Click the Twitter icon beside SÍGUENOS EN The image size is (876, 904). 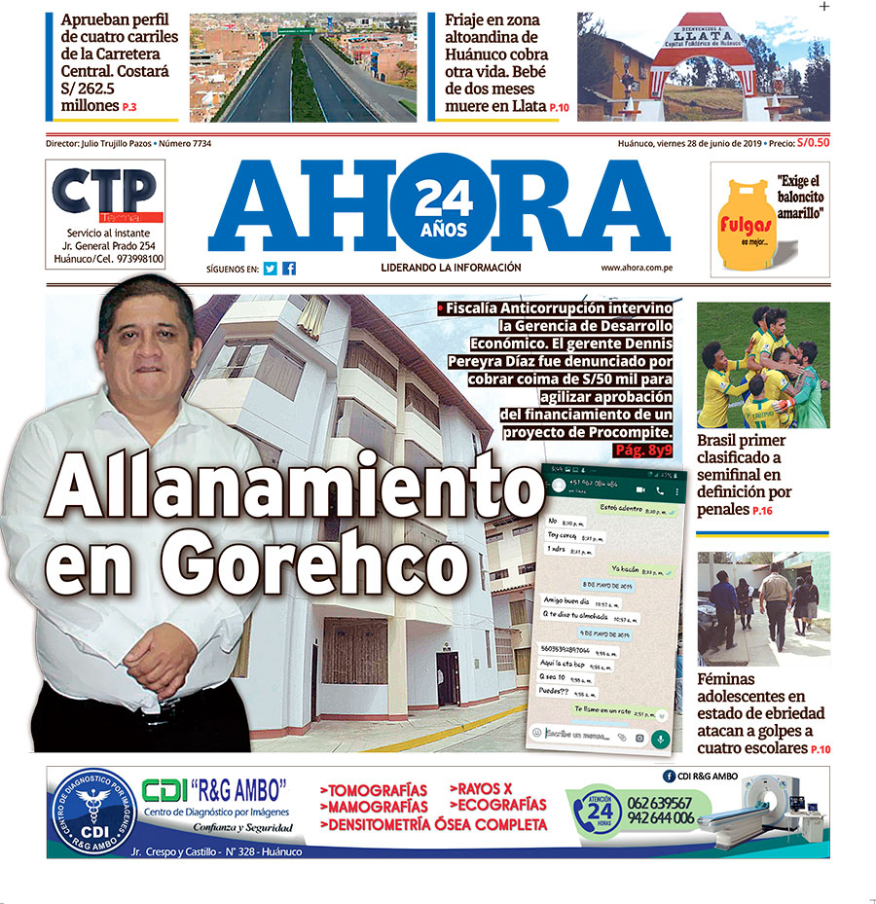pos(271,269)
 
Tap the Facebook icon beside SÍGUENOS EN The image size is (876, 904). pos(289,269)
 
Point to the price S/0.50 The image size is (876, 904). pos(813,143)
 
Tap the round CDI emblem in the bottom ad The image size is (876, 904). pos(93,813)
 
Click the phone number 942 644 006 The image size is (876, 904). pos(662,819)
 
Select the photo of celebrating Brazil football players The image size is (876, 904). pos(762,365)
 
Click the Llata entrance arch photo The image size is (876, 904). pos(703,66)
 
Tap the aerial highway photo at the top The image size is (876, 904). pos(302,66)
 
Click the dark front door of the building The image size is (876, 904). pos(447,679)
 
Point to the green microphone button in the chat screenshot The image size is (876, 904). pos(661,738)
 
